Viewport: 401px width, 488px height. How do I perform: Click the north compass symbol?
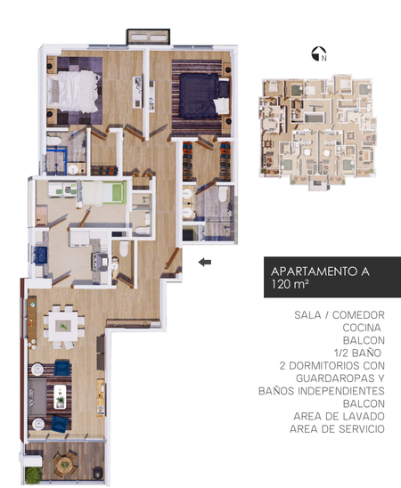tap(319, 53)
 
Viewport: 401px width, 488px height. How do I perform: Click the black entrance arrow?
tap(205, 262)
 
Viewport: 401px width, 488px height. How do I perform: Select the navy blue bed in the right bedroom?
tap(204, 96)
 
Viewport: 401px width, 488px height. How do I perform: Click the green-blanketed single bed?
tap(103, 193)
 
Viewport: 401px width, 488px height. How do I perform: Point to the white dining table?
tap(63, 326)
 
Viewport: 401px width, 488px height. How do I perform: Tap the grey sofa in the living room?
tap(37, 396)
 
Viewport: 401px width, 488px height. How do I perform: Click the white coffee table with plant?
tap(60, 396)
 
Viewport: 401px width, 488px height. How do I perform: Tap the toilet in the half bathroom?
tap(124, 248)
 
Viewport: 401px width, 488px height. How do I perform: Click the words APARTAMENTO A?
tap(320, 272)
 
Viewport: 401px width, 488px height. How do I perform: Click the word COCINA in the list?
tap(362, 328)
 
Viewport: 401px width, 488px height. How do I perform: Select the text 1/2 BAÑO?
tap(357, 353)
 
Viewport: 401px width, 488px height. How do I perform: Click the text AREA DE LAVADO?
tap(339, 416)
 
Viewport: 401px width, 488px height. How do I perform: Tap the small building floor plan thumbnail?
tap(317, 133)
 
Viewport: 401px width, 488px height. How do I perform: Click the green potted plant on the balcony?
tap(33, 476)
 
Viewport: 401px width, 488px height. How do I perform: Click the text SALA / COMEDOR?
tap(340, 315)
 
